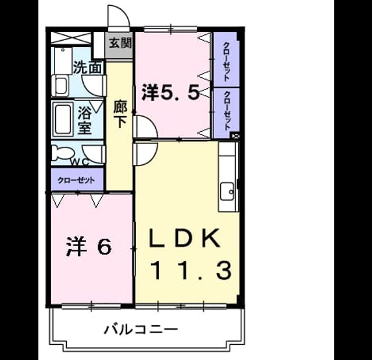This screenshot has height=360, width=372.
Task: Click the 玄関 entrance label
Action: [120, 44]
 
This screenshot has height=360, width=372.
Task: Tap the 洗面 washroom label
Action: [88, 67]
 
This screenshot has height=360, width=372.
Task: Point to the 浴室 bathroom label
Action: [85, 120]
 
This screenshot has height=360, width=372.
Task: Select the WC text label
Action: [80, 162]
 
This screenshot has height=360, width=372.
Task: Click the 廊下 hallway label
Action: [120, 114]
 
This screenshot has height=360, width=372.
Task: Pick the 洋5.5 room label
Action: [170, 92]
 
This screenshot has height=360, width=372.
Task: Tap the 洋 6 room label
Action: [89, 246]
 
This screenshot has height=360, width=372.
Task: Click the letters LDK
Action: [184, 238]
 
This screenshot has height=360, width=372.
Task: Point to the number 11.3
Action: [191, 270]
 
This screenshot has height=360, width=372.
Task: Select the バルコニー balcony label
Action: [141, 329]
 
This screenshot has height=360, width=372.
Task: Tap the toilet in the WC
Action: [62, 153]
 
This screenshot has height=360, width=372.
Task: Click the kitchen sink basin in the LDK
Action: [227, 192]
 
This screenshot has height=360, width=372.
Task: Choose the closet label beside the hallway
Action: [76, 181]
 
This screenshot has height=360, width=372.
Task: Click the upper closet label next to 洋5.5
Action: [227, 62]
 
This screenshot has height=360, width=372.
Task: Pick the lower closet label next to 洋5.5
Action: [227, 111]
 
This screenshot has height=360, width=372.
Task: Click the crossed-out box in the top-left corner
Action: [71, 38]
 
